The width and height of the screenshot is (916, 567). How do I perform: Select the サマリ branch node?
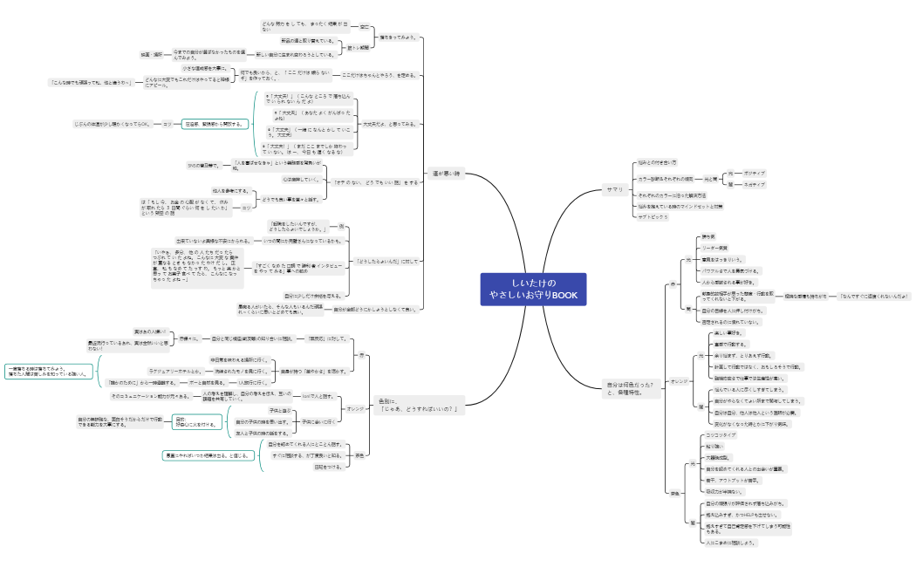(614, 190)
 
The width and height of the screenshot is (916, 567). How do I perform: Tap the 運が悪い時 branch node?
(446, 174)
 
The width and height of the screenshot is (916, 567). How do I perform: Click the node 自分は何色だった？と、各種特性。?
(630, 388)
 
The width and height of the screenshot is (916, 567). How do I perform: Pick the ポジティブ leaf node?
(755, 174)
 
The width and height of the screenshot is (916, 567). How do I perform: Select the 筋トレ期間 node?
(359, 48)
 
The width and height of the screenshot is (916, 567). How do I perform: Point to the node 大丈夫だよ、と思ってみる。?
(390, 124)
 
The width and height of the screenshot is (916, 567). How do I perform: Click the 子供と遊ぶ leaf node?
(280, 410)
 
